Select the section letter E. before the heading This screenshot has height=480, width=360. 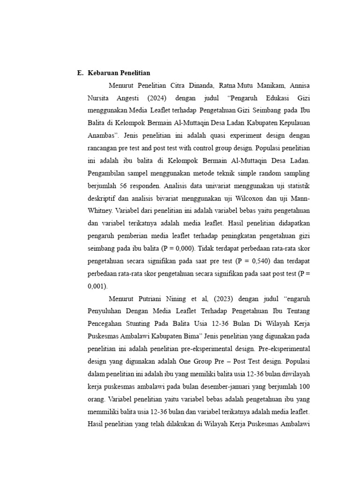click(80, 73)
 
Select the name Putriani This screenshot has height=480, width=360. click(151, 297)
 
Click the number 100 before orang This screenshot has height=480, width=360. click(303, 386)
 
